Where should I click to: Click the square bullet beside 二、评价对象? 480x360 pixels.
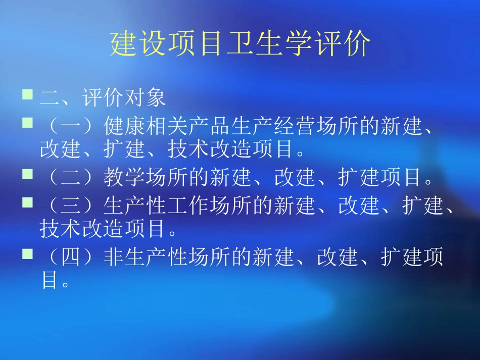tap(28, 94)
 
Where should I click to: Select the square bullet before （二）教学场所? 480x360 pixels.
tap(28, 174)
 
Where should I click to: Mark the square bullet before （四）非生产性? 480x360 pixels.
tap(28, 253)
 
